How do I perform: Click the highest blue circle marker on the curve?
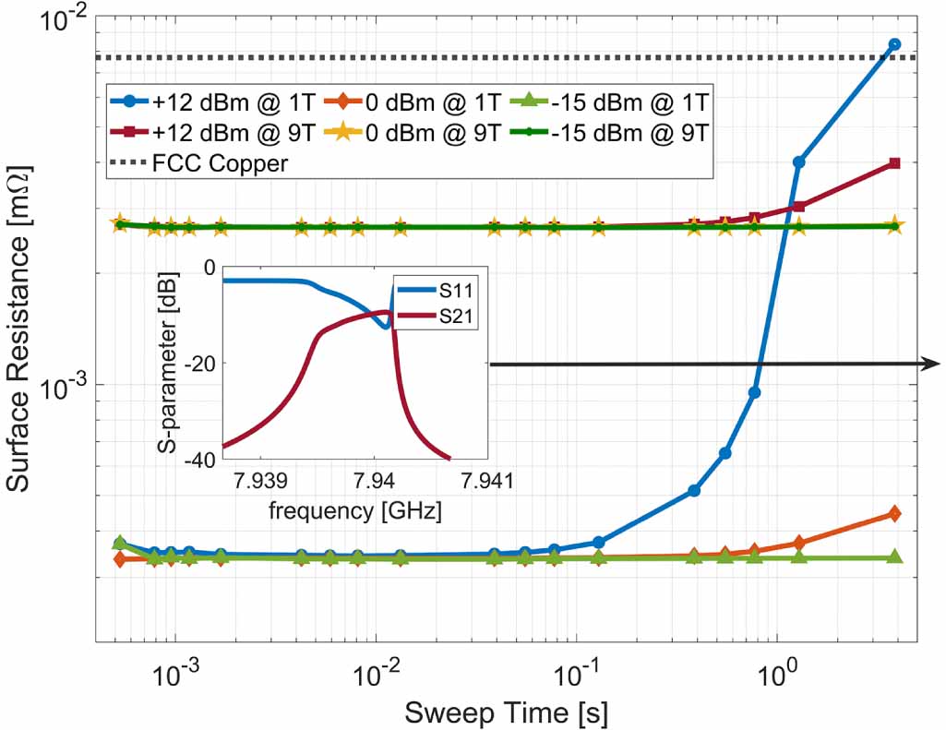click(x=893, y=44)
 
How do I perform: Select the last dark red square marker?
click(x=893, y=163)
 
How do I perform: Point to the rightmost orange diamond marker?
click(x=893, y=514)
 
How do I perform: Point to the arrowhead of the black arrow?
click(x=932, y=365)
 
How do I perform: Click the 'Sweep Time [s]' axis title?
click(x=506, y=712)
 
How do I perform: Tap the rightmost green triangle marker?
click(x=893, y=557)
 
